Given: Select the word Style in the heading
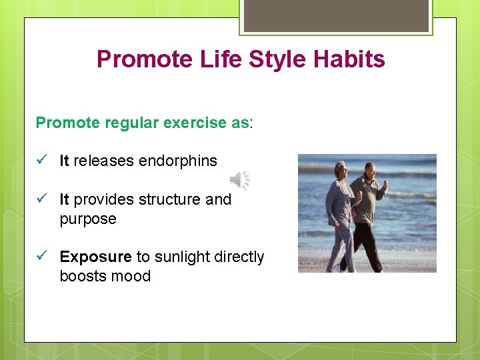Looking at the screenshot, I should (x=276, y=59).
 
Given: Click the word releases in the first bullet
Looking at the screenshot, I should (x=104, y=161).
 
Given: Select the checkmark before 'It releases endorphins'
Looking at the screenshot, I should (x=41, y=161).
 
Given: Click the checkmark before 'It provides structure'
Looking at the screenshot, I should (x=41, y=199).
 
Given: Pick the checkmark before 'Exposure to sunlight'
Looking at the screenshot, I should (x=41, y=257).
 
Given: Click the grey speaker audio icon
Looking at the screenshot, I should (x=239, y=179).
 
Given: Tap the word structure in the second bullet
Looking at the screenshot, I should (x=170, y=199).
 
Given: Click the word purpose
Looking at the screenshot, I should (x=88, y=219).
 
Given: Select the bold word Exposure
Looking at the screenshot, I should (x=95, y=257).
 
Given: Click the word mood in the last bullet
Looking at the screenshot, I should (x=133, y=276).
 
